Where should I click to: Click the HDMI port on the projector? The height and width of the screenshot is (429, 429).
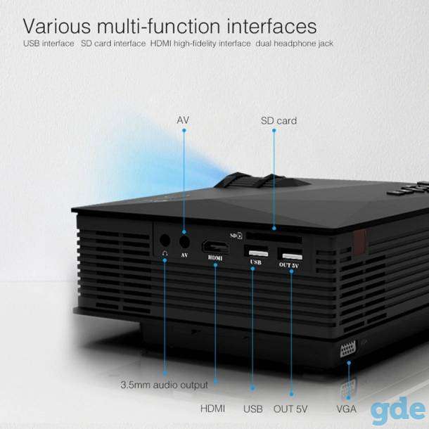(215, 247)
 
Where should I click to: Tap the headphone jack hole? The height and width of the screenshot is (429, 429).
(165, 241)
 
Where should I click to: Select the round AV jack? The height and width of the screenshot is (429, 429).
(184, 241)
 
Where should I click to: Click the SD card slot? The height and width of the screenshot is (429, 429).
(274, 237)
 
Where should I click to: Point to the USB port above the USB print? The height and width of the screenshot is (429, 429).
(257, 252)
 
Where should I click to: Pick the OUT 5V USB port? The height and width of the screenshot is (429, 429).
(290, 254)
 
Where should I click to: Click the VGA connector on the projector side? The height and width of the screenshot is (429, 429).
(347, 349)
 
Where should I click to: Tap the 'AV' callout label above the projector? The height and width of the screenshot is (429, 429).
(183, 120)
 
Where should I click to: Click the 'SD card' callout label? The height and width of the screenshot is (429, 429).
(278, 121)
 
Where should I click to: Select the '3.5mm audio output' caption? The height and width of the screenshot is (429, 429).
(164, 385)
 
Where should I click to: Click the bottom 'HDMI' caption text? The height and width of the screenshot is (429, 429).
(212, 409)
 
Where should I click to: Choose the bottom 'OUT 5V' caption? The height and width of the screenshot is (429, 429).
(290, 409)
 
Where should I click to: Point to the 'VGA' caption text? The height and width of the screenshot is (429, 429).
(347, 409)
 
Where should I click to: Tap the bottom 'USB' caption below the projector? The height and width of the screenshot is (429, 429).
(253, 409)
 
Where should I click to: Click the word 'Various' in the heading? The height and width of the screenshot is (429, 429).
(57, 26)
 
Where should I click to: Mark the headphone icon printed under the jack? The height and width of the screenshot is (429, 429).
(165, 254)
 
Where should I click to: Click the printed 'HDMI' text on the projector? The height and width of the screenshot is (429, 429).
(215, 258)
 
